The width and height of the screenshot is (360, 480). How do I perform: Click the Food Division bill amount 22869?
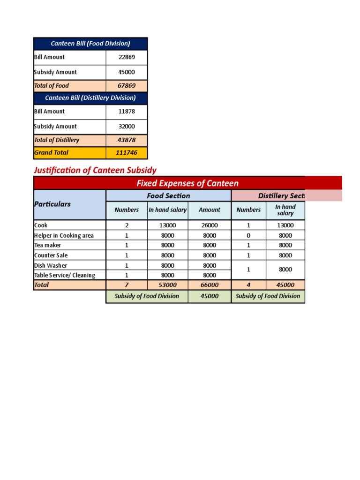(127, 57)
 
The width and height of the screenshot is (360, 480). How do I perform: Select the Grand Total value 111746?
(127, 153)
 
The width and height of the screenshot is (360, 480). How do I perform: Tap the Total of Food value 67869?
(127, 86)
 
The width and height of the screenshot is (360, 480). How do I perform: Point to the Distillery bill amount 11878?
(127, 112)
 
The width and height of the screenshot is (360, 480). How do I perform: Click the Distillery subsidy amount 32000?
(127, 127)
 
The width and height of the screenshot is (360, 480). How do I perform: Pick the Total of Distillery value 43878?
(127, 140)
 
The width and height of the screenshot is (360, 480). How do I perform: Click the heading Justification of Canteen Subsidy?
(95, 170)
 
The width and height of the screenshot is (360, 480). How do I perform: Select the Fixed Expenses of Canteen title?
(187, 183)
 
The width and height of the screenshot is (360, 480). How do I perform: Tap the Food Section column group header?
(169, 196)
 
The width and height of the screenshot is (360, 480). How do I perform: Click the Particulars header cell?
(52, 204)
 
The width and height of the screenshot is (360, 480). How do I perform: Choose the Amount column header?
(210, 210)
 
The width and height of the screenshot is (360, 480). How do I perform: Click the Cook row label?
(41, 225)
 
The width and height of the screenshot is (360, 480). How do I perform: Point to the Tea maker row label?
(48, 245)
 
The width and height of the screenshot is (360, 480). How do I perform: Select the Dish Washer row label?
(51, 265)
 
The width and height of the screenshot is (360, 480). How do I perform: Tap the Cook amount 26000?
(210, 225)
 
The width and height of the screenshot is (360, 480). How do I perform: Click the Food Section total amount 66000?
(210, 285)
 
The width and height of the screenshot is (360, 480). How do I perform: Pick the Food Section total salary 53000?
(168, 285)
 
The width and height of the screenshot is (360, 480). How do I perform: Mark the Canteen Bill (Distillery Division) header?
(90, 98)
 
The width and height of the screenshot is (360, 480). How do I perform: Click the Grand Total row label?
(52, 153)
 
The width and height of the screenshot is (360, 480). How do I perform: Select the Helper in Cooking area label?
(64, 235)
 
